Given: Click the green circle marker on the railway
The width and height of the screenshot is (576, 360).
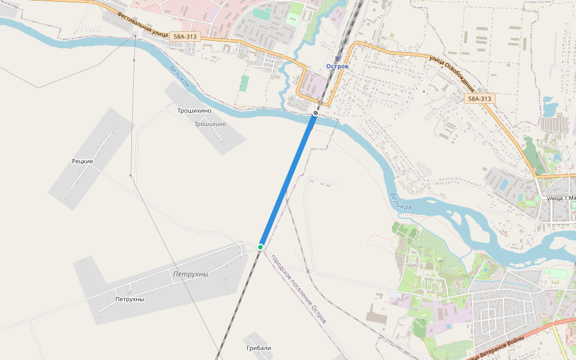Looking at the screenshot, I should (x=260, y=247).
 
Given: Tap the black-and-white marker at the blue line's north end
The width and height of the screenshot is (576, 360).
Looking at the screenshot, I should (x=316, y=113).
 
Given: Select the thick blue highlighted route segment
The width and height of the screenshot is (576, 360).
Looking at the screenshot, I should (x=288, y=180).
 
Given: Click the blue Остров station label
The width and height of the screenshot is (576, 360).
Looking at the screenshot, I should (x=337, y=66).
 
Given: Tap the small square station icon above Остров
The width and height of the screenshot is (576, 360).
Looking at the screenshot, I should (x=337, y=59).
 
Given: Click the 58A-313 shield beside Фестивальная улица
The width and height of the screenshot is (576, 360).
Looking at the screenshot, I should (x=184, y=37).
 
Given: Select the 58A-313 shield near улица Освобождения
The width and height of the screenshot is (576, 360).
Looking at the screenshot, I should (x=479, y=98).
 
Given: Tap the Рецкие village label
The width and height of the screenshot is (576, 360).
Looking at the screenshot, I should (x=82, y=161).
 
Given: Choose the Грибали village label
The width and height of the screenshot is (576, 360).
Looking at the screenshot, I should (x=259, y=348).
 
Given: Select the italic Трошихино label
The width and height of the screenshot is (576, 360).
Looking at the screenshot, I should (x=210, y=124).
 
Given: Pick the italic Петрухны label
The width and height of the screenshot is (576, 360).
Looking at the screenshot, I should (x=190, y=274).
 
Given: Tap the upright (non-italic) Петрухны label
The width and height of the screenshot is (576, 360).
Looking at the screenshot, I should (x=130, y=299).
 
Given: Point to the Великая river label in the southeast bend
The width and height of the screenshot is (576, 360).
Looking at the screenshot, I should (x=400, y=201).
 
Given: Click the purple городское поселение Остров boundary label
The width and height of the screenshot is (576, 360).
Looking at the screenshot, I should (x=299, y=289).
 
